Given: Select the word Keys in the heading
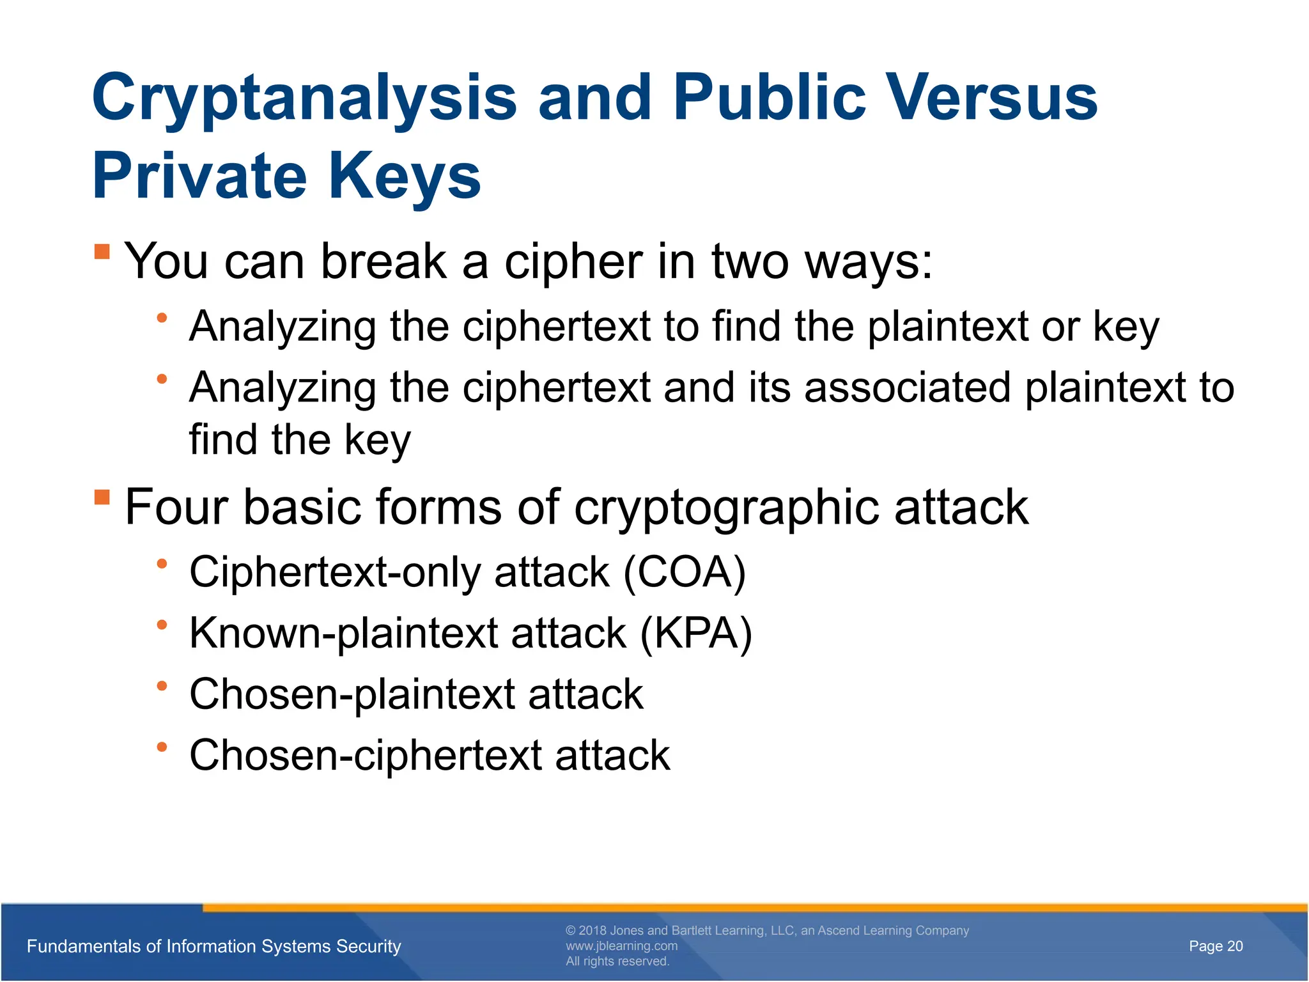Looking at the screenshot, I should (x=405, y=176).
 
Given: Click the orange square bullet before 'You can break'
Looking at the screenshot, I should (x=102, y=251).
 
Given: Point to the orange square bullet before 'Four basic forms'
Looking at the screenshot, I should (x=102, y=497).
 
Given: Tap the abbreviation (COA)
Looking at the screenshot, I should (x=684, y=572).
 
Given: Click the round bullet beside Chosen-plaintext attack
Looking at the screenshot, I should (x=162, y=686).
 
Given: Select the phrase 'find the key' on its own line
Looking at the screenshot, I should (x=300, y=440).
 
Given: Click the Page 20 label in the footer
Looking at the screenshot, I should (x=1216, y=946).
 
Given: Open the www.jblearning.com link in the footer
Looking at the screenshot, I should (x=621, y=946).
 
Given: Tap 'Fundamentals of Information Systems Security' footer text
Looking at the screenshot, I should (x=214, y=946).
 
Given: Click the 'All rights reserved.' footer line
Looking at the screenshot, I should (x=617, y=962).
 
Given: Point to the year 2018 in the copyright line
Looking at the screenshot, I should (x=593, y=931).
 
